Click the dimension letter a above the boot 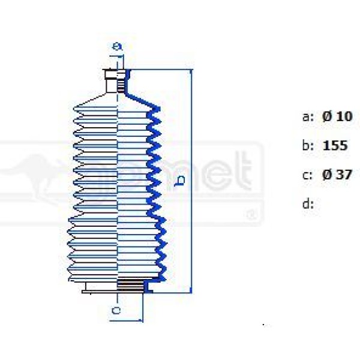click(x=118, y=46)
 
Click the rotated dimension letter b click(x=179, y=181)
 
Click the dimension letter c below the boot click(x=117, y=310)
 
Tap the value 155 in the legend click(x=335, y=146)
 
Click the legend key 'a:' click(x=308, y=116)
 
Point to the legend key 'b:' click(x=308, y=146)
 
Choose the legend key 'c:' click(x=308, y=175)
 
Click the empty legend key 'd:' click(x=308, y=204)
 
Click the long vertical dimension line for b click(x=192, y=180)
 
